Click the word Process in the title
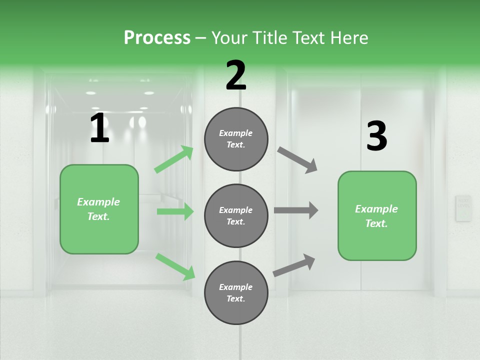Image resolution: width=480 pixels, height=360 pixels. point(157,37)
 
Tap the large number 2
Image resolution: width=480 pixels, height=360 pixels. point(236,75)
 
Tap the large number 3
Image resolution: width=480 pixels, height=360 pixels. point(376,136)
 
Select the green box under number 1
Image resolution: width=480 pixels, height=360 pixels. point(99,209)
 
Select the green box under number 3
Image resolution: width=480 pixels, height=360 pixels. point(377,216)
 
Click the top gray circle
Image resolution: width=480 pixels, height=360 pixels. point(236,139)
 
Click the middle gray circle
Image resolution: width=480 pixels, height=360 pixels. point(236,216)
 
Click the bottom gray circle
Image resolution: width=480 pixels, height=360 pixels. point(236,293)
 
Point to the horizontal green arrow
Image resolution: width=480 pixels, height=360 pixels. point(175,211)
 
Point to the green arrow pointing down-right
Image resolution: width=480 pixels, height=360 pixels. point(175,266)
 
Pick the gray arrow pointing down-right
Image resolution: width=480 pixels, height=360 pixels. point(297,160)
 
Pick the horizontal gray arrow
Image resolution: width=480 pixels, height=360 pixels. point(296,210)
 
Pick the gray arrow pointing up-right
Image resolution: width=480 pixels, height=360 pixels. point(294,265)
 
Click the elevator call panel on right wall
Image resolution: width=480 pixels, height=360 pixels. point(463,208)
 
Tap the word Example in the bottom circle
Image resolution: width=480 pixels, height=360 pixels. point(235,287)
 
